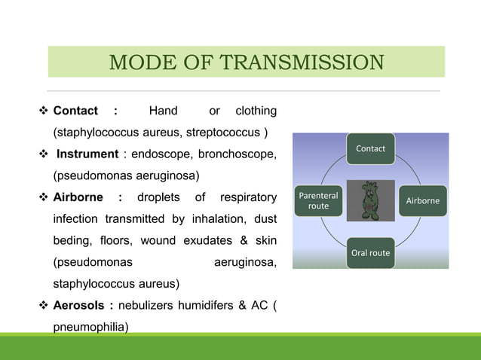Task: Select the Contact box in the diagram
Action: (x=370, y=148)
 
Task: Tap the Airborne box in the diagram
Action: (x=423, y=201)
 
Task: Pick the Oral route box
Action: (x=370, y=252)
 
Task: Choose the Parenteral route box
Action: (x=318, y=200)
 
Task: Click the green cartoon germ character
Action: (x=370, y=200)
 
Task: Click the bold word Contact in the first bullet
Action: (x=75, y=111)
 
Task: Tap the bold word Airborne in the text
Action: (x=79, y=198)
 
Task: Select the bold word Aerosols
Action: (x=79, y=306)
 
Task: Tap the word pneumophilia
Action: (x=90, y=328)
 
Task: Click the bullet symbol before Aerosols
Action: (x=43, y=306)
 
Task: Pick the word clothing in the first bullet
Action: (x=256, y=111)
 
